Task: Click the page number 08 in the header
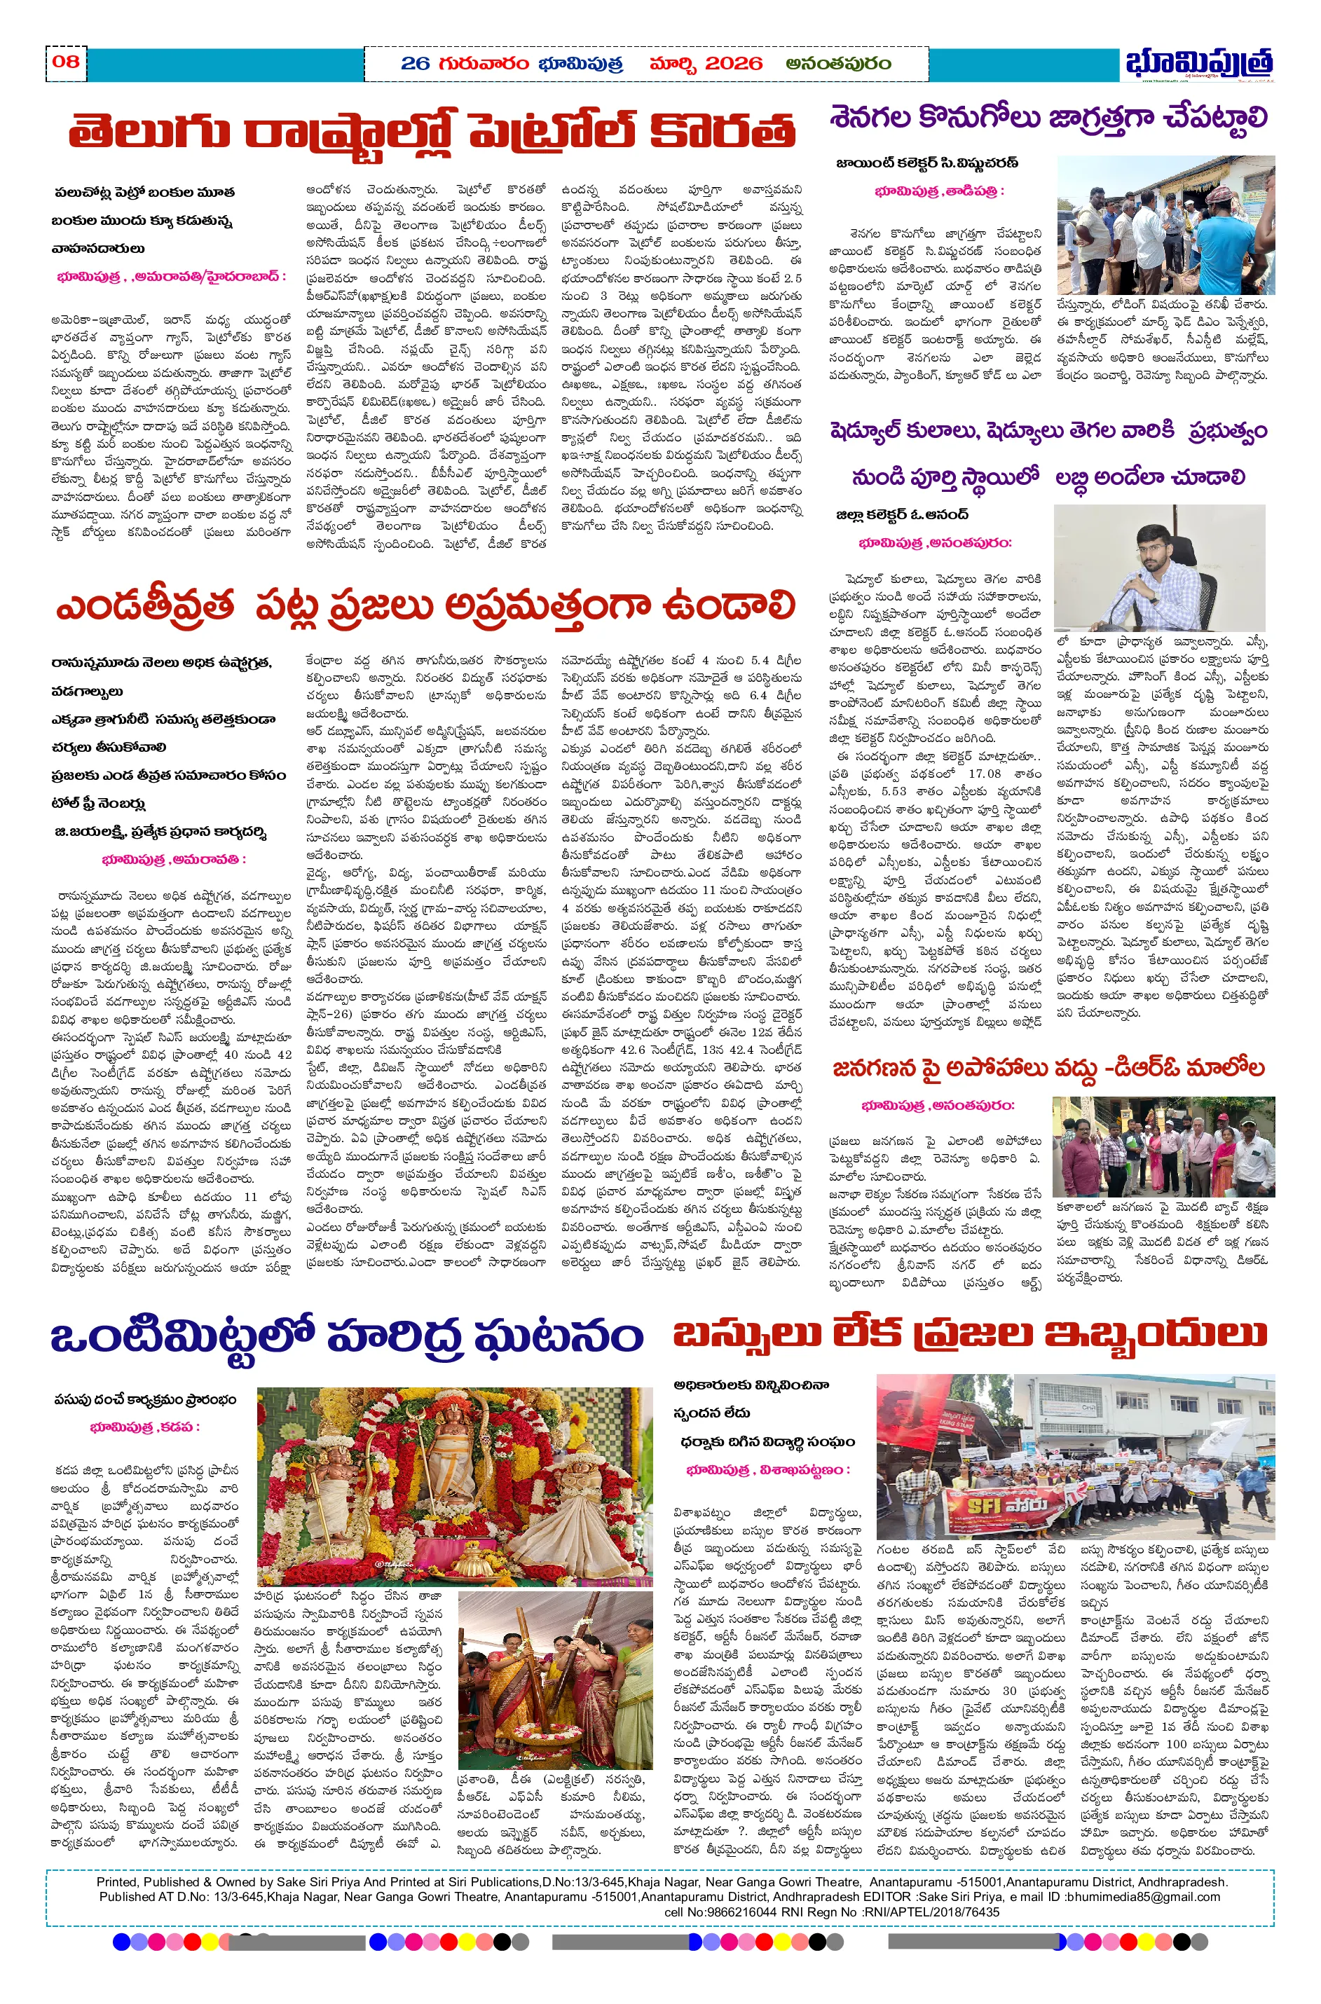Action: point(66,62)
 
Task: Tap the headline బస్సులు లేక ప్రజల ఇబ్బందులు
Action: point(968,1334)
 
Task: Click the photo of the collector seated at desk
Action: point(1159,567)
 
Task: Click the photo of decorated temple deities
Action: point(454,1487)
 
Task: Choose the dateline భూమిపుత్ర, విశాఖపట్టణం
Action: point(767,1470)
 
